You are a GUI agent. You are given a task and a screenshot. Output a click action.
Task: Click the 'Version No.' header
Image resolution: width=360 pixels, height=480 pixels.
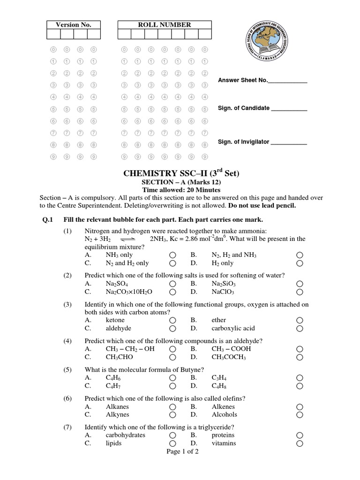coord(74,25)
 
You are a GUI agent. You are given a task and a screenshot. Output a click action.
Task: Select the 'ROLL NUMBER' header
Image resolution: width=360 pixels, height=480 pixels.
coord(164,25)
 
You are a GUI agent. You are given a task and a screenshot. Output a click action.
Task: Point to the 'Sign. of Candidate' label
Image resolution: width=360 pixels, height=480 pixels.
coord(244,108)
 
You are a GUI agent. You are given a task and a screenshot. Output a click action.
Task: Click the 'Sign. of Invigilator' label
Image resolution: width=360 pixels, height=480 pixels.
coord(243,142)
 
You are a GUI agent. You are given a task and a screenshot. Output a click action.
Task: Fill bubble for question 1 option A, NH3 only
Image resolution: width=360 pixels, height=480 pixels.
coord(173,255)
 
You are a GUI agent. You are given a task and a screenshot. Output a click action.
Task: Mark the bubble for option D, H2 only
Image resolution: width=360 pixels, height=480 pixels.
coord(300,263)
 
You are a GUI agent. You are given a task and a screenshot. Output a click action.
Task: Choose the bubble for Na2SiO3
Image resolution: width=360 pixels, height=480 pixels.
coord(300,284)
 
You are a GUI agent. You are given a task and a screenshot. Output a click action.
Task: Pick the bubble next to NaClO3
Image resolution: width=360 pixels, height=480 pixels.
coord(300,292)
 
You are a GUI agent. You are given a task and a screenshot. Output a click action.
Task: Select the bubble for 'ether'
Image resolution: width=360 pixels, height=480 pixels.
coord(300,321)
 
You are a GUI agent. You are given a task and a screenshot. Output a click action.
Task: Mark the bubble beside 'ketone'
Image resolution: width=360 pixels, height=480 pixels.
coord(173,321)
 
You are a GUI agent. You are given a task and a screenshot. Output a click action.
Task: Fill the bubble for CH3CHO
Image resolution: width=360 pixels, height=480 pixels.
coord(173,357)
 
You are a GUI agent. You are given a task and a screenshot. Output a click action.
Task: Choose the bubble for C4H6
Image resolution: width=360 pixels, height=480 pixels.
coord(173,378)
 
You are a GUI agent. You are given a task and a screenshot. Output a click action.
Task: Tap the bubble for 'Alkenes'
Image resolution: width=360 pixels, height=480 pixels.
coord(300,407)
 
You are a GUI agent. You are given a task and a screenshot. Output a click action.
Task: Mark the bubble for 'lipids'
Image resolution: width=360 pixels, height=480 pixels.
coord(173,443)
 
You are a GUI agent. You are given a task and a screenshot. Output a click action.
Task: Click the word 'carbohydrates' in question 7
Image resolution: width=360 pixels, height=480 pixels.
coord(125,435)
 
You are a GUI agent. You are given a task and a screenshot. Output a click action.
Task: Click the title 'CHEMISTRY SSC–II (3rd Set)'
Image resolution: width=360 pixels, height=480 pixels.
coord(181,173)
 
